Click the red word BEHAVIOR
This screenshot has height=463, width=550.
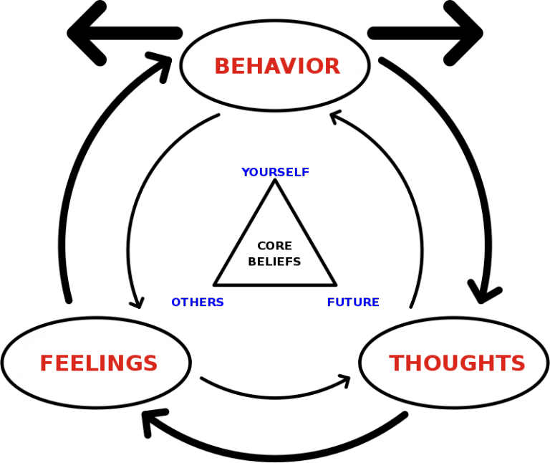coord(276,67)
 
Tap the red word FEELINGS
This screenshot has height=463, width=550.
coord(98,364)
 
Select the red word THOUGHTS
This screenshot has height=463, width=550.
coord(457,364)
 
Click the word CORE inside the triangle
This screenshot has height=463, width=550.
coord(274,246)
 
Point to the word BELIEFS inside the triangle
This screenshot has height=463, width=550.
coord(274,262)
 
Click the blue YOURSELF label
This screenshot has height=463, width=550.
coord(275,173)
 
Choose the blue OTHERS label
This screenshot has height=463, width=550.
coord(197,302)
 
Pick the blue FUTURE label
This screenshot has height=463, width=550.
coord(353,302)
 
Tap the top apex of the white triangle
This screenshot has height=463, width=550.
coord(275,185)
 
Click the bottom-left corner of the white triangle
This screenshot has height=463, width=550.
coord(218,282)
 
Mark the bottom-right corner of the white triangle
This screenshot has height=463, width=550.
coord(332,282)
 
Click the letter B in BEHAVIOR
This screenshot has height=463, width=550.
coord(221,67)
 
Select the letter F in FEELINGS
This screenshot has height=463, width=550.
coord(46,364)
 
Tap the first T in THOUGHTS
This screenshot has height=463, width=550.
coord(395,364)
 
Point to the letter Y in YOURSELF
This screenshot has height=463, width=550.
coord(245,173)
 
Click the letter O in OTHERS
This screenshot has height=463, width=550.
coord(175,302)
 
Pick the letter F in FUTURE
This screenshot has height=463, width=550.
coord(331,302)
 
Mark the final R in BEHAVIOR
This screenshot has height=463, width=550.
coord(332,67)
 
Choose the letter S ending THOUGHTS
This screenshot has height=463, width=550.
coord(519,364)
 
